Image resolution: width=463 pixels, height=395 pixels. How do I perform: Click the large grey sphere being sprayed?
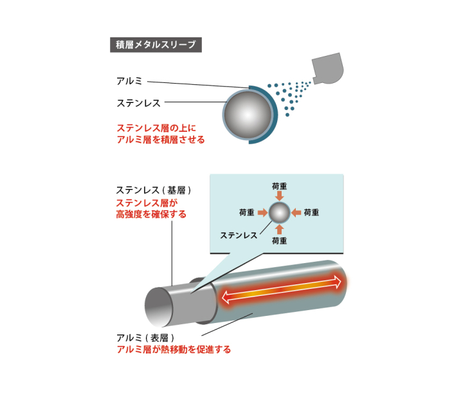(x=247, y=115)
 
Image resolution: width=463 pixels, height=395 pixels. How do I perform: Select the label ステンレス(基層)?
(x=154, y=190)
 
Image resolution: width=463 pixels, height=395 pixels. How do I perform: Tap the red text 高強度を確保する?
(x=151, y=214)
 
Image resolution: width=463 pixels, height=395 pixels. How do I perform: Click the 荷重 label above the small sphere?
(x=280, y=185)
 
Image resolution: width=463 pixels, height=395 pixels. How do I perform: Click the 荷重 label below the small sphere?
(x=280, y=241)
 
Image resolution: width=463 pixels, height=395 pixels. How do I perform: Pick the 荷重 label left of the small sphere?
(x=246, y=212)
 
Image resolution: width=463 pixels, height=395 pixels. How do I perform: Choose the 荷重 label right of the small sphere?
(x=312, y=212)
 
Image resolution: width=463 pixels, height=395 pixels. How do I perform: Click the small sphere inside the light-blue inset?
(x=279, y=212)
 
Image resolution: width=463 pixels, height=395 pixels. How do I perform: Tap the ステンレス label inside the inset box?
(x=239, y=235)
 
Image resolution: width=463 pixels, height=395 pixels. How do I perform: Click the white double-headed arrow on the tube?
(x=282, y=288)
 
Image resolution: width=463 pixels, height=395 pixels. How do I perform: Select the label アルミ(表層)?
(x=145, y=338)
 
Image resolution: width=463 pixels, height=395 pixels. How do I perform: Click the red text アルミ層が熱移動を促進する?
(x=173, y=350)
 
